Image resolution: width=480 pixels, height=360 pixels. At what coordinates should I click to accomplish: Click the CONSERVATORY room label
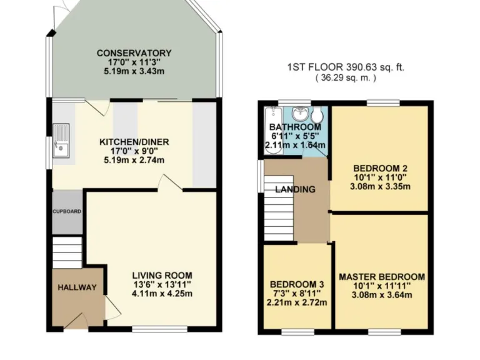click(x=134, y=53)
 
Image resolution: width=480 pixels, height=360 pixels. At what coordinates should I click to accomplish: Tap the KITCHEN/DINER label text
click(x=134, y=142)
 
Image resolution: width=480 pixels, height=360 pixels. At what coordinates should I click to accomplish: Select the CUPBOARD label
click(x=66, y=212)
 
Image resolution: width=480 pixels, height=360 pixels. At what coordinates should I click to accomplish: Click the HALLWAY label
click(x=77, y=287)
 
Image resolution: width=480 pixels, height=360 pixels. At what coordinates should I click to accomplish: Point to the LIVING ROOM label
click(x=162, y=275)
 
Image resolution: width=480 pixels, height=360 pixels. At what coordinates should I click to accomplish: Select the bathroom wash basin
click(x=301, y=114)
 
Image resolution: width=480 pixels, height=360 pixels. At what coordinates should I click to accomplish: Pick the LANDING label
click(x=295, y=189)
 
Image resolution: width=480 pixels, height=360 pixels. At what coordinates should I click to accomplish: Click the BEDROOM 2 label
click(x=380, y=168)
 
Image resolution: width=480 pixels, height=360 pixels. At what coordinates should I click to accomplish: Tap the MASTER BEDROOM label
click(x=381, y=277)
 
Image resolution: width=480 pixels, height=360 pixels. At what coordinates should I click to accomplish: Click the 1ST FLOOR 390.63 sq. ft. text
click(x=346, y=67)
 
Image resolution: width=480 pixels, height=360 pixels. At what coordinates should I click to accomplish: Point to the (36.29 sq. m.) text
click(x=346, y=79)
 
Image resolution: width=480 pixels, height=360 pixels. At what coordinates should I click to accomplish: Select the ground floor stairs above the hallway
click(x=67, y=252)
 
